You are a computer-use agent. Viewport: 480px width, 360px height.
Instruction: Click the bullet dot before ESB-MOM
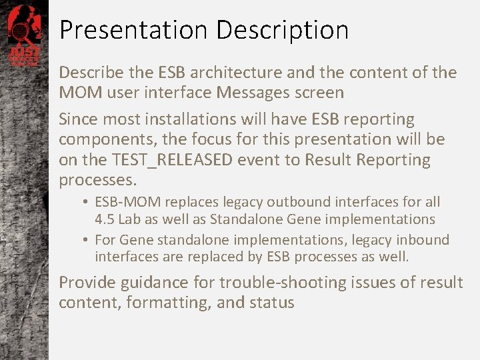pyautogui.click(x=87, y=201)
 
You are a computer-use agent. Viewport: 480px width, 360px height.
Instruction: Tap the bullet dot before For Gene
pyautogui.click(x=87, y=239)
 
